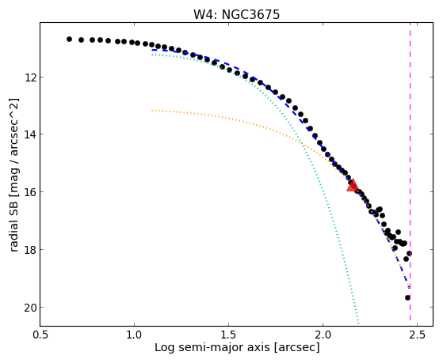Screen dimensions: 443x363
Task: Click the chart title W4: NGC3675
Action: tap(236, 14)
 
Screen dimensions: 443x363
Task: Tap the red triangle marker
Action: tap(353, 185)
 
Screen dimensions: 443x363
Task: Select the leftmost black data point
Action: tap(69, 39)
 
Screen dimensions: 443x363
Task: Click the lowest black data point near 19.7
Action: tap(407, 297)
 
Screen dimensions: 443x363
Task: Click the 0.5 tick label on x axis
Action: tap(40, 335)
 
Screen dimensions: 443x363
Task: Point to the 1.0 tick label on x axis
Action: tap(135, 335)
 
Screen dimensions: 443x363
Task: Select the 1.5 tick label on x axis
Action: tap(228, 335)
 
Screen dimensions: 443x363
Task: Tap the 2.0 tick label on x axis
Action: tap(323, 335)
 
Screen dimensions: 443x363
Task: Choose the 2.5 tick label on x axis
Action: tap(418, 335)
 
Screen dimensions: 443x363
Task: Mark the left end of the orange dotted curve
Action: tap(152, 110)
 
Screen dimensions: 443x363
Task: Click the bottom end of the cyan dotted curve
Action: tap(358, 323)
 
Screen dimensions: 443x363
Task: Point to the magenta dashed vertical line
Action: tap(410, 174)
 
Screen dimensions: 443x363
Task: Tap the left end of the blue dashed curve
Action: tap(152, 50)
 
